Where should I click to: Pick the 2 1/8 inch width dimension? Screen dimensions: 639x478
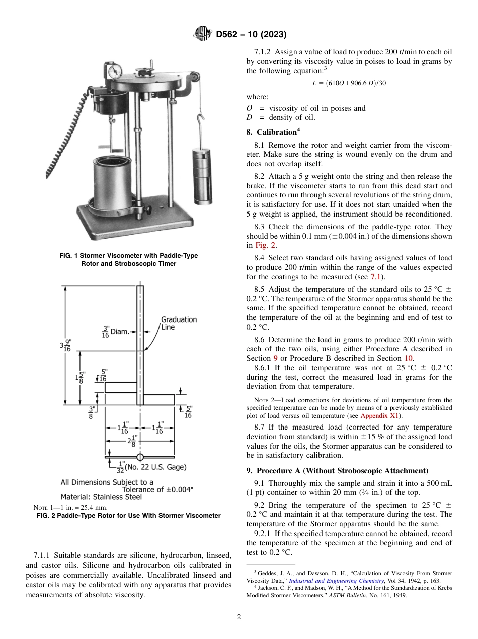pos(132,442)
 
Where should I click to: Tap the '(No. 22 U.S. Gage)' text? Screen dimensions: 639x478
pos(156,467)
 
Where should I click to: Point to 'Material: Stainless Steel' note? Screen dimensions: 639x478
pos(101,497)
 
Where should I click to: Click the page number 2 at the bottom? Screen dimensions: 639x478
pos(239,617)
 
